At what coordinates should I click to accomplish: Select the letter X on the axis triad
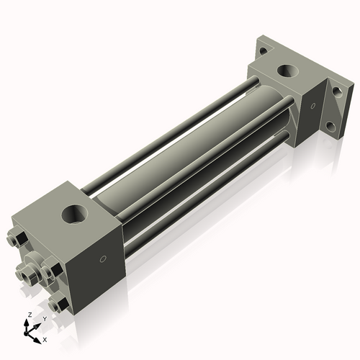pos(45,338)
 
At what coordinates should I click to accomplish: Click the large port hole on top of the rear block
pos(290,71)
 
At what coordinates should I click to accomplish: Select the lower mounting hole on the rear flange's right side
pos(330,127)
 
